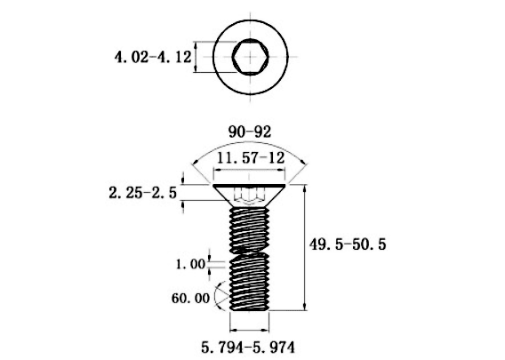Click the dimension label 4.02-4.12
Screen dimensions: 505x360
153,57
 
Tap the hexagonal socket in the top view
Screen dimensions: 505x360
250,57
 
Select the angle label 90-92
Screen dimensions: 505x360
250,132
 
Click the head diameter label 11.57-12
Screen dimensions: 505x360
251,158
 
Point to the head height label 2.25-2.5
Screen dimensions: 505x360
142,193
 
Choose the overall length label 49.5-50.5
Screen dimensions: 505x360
348,244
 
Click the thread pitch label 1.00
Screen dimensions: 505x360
190,264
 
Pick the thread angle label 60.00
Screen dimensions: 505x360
190,298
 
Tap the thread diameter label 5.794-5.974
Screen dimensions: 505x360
248,348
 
